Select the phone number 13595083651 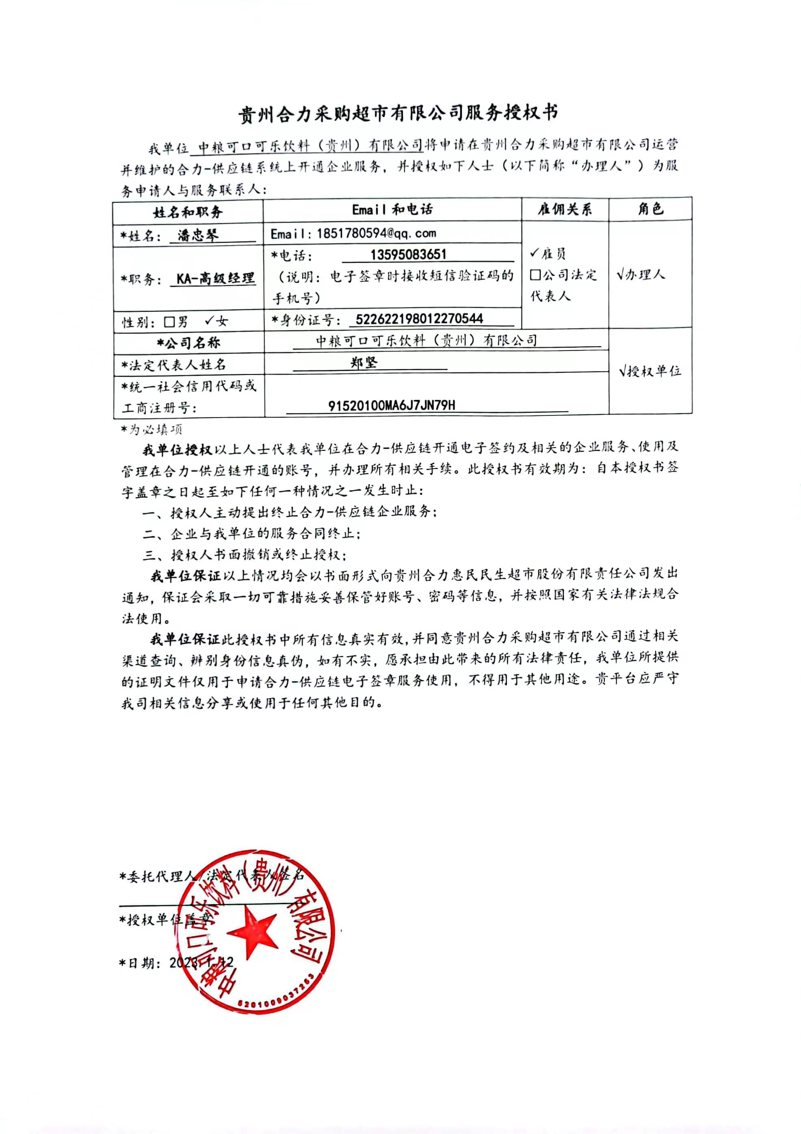408,255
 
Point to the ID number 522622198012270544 419,318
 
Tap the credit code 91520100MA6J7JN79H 392,405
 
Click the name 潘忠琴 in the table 197,235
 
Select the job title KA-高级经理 216,279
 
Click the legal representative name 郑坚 364,363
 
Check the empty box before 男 169,322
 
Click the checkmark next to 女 209,321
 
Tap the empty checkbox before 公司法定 535,275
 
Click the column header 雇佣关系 565,210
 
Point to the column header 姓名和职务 188,212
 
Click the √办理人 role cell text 641,275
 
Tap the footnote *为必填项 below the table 152,429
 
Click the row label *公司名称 188,343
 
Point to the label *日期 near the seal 140,963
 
